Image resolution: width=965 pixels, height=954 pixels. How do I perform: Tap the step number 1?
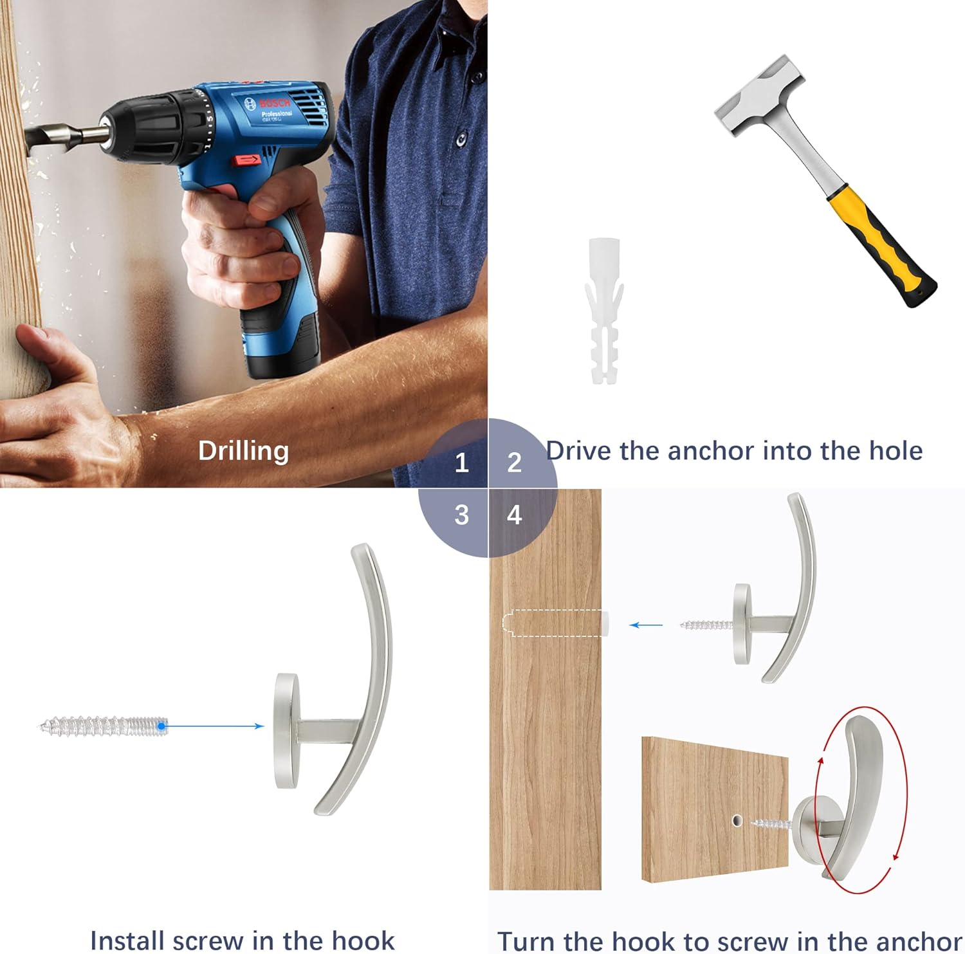click(x=461, y=463)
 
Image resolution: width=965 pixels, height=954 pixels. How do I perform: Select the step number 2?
click(x=514, y=463)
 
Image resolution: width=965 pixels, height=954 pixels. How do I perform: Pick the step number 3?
click(x=461, y=515)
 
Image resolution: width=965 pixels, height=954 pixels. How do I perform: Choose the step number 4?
click(x=514, y=515)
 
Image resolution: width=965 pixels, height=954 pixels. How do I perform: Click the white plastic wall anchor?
click(x=605, y=311)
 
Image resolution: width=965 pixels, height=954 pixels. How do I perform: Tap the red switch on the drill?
click(x=247, y=160)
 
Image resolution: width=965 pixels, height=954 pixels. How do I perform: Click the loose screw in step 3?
click(x=103, y=726)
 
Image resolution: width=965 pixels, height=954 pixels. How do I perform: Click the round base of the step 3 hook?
click(x=287, y=731)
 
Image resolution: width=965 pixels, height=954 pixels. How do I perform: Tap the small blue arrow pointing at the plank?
click(x=646, y=625)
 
